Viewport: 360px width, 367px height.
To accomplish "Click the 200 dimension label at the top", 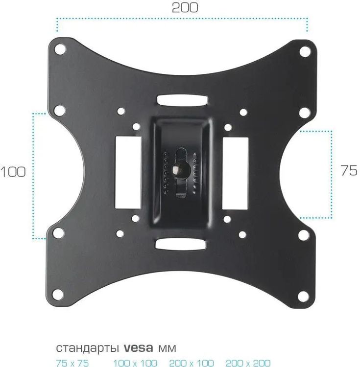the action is click(x=185, y=7).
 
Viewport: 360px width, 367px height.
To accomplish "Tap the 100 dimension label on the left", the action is click(x=13, y=172).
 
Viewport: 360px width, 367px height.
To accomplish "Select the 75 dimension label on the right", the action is click(x=349, y=170).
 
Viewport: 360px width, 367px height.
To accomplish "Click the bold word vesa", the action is click(x=138, y=348).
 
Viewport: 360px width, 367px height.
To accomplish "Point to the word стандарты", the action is click(x=87, y=348).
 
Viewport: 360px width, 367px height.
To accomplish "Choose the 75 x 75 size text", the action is click(x=72, y=363).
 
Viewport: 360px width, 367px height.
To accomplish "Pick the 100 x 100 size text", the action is click(x=135, y=363).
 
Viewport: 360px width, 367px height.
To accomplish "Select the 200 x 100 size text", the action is click(x=192, y=363).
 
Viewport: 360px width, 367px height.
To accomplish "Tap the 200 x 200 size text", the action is click(x=248, y=363).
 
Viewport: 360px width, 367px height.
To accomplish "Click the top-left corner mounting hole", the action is click(x=60, y=49).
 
